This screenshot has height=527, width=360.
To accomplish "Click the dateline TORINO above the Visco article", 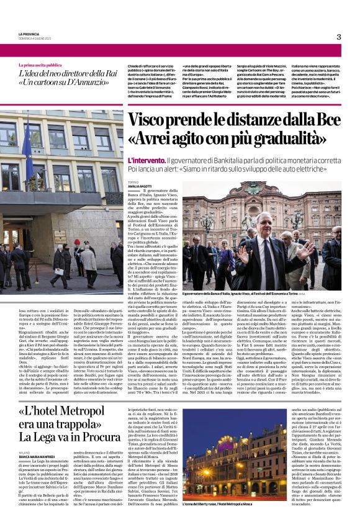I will (133, 181).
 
